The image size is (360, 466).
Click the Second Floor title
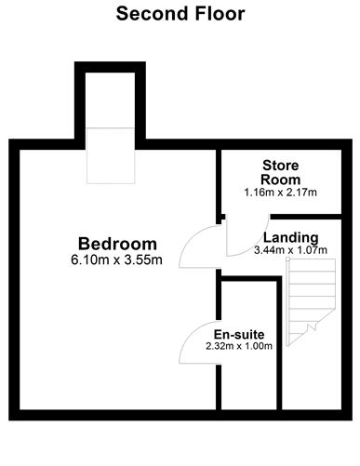tap(180, 14)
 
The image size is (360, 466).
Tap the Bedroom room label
tap(116, 244)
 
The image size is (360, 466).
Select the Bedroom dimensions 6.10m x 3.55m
tap(116, 260)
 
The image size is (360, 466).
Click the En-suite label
tap(240, 333)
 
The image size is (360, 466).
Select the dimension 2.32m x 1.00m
tap(240, 346)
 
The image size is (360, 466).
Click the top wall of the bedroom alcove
tap(111, 66)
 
